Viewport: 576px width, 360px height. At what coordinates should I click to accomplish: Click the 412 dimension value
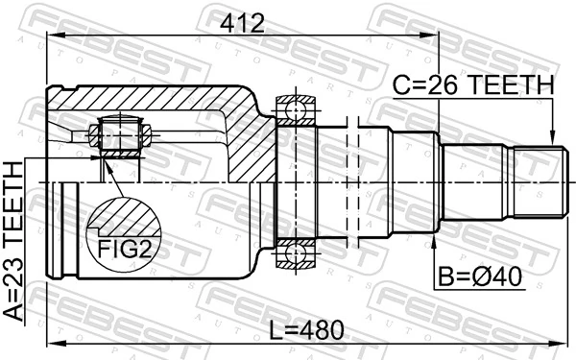tap(241, 20)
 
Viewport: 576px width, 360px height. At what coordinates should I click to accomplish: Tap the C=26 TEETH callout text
tap(473, 86)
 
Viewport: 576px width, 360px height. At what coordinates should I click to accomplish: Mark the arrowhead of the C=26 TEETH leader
tap(552, 138)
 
